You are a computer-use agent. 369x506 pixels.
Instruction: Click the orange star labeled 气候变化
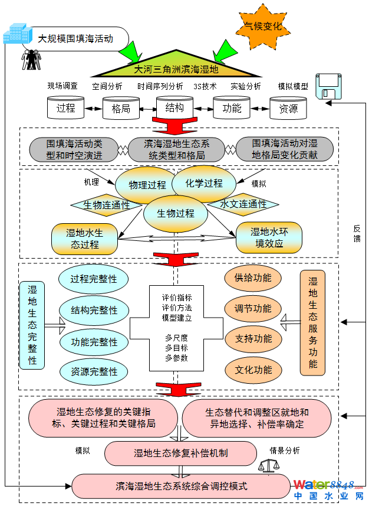point(263,26)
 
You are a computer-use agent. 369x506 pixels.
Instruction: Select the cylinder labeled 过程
point(65,108)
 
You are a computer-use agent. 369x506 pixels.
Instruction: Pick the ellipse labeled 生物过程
point(176,213)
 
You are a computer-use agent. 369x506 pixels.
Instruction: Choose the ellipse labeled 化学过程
point(204,183)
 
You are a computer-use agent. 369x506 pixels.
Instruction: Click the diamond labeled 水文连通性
point(243,204)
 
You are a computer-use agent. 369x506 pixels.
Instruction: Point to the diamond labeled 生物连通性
point(107,205)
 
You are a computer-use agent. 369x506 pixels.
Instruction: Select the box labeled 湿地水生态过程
point(85,238)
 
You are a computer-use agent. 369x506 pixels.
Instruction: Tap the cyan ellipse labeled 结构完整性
point(94,310)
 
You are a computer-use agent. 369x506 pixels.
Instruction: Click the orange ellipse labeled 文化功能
point(253,370)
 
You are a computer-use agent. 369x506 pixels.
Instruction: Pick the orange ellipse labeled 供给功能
point(253,278)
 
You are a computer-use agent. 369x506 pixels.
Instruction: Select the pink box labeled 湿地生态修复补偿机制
point(180,453)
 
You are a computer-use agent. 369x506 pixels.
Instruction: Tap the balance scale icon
point(266,466)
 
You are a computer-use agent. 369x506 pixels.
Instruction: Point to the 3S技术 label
point(205,86)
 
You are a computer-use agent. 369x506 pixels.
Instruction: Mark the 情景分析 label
point(285,450)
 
